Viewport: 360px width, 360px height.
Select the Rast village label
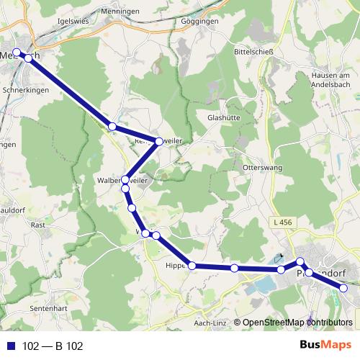point(39,225)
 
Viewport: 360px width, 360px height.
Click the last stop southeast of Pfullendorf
point(343,288)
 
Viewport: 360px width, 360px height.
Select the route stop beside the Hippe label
point(192,266)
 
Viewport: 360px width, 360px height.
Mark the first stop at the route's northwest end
point(17,52)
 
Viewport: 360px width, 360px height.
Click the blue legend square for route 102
point(11,346)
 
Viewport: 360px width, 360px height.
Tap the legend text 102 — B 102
point(52,346)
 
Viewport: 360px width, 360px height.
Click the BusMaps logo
point(328,346)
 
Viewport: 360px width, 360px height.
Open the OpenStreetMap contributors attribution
point(297,323)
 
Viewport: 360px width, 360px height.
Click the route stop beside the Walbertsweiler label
point(126,180)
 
